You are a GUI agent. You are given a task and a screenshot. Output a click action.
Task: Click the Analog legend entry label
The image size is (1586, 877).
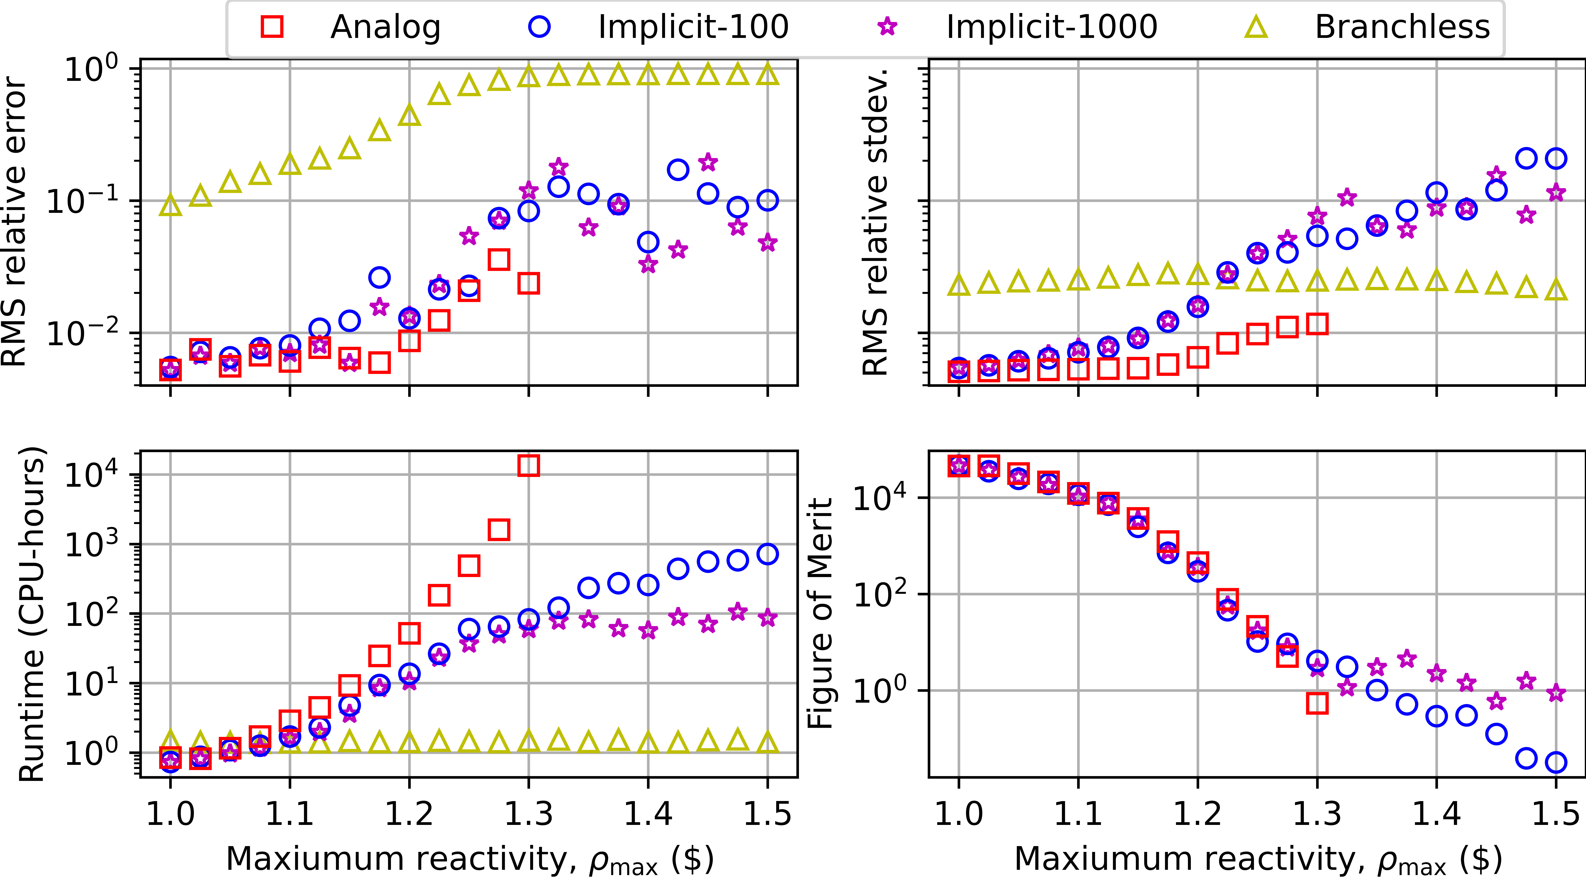tap(385, 27)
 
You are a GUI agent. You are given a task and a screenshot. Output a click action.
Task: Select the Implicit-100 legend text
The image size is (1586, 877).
tap(693, 27)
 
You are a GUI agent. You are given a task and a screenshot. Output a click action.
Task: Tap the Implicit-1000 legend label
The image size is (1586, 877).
tap(1052, 27)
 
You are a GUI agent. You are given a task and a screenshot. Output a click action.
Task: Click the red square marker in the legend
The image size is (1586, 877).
tap(272, 27)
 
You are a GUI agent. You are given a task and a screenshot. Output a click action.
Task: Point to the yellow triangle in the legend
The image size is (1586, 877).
tap(1256, 27)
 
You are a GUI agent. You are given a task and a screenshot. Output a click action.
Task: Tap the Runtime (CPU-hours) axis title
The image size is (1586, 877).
tap(32, 614)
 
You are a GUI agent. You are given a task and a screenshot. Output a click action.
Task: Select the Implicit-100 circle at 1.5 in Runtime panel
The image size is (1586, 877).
tap(767, 554)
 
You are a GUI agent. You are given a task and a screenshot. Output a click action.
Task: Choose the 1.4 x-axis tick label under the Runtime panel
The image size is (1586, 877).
tap(648, 814)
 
